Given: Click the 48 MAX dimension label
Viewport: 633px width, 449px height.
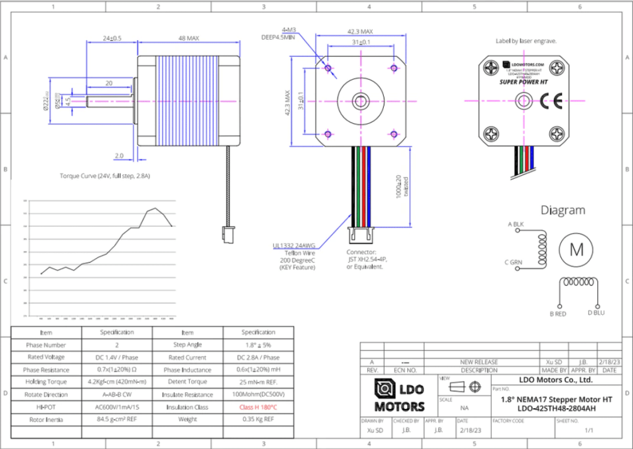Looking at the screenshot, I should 189,38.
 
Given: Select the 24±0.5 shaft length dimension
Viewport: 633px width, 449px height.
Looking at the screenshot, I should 112,38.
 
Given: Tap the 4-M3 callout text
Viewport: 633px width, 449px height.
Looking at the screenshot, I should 289,30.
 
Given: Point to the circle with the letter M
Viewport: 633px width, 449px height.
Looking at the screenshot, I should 576,249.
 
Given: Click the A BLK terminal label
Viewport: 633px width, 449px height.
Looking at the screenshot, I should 516,224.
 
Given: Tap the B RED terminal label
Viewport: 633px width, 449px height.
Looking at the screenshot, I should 558,313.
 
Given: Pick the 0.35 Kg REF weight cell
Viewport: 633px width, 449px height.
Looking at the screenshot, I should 258,419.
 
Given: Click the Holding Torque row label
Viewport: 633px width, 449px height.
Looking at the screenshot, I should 46,382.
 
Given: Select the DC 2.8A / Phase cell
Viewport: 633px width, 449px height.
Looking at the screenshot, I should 258,357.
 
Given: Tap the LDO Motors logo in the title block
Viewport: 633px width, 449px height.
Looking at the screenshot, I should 400,396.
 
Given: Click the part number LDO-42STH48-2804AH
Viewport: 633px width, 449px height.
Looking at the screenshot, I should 548,409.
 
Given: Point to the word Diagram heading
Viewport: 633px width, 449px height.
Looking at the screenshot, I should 563,210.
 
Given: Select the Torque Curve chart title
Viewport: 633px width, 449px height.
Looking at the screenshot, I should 105,176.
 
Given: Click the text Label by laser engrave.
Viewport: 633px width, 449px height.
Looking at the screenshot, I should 526,41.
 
